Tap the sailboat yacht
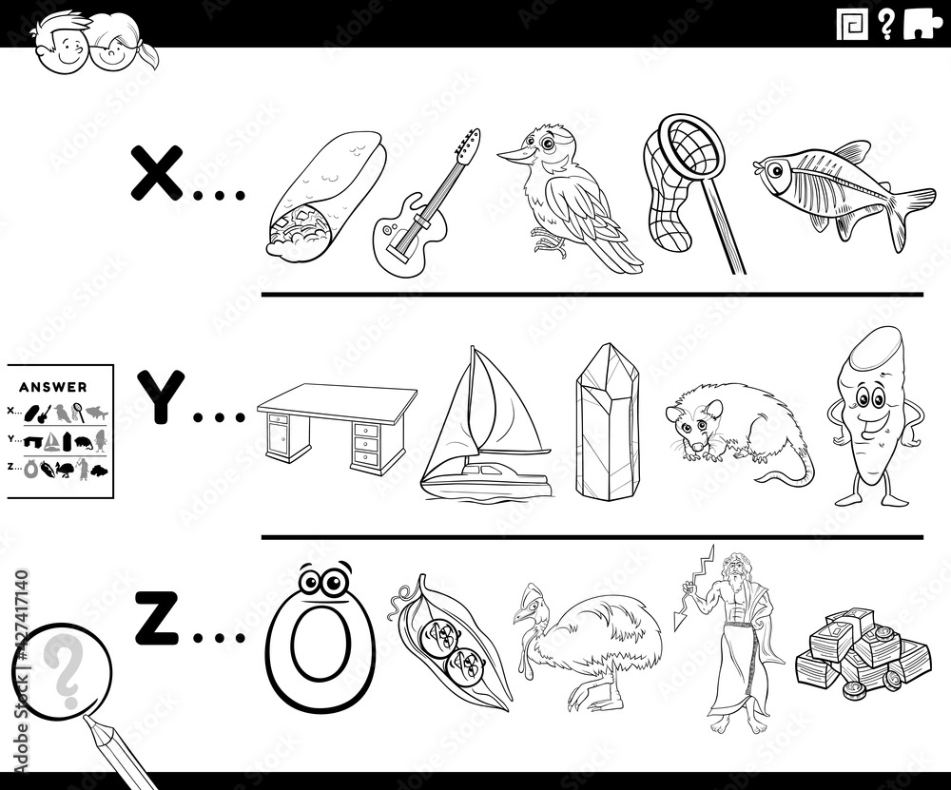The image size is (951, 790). click(485, 428)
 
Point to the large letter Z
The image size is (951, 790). click(154, 618)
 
